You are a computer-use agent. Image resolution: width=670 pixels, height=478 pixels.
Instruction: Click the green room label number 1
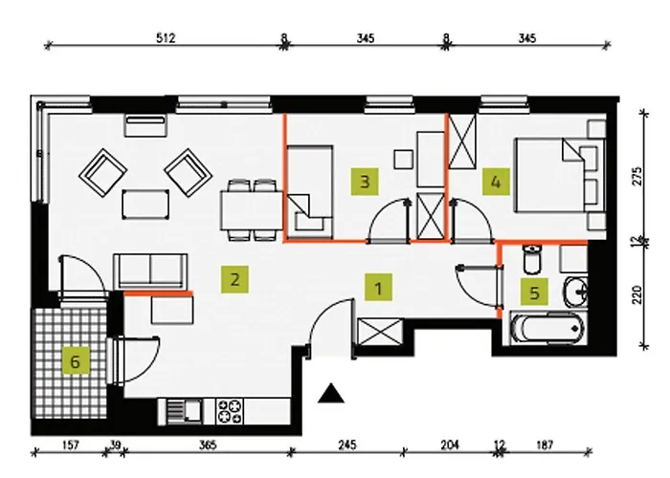[x=379, y=286]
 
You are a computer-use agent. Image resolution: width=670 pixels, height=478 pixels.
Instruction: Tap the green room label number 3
[x=363, y=180]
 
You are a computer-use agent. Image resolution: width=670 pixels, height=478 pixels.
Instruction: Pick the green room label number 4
[x=494, y=180]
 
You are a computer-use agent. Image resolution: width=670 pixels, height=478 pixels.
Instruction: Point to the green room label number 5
[x=532, y=292]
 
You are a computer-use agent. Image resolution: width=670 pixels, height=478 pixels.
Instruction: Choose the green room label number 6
[x=74, y=360]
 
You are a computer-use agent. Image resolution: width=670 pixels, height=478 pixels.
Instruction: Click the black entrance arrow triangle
[x=330, y=392]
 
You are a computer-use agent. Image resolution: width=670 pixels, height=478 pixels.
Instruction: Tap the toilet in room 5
[x=532, y=258]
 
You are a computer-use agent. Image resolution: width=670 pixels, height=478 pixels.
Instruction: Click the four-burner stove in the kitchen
[x=232, y=411]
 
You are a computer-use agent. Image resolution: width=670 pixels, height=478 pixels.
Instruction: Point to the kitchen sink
[x=178, y=411]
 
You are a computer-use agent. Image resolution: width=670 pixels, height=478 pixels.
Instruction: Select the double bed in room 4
[x=558, y=175]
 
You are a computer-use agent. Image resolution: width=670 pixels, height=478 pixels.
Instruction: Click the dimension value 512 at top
[x=167, y=39]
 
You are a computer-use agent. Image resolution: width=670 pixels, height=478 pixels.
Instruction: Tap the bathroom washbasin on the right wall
[x=577, y=290]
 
